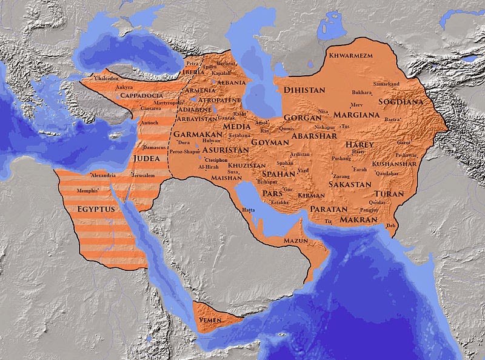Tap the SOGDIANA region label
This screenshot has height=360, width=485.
pyautogui.click(x=401, y=102)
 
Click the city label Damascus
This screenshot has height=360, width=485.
pyautogui.click(x=155, y=147)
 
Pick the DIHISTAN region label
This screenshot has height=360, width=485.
pyautogui.click(x=304, y=89)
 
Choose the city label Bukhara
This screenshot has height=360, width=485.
pyautogui.click(x=361, y=93)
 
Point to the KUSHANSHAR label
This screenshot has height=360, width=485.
pyautogui.click(x=395, y=164)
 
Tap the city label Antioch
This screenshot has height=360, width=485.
pyautogui.click(x=149, y=122)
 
